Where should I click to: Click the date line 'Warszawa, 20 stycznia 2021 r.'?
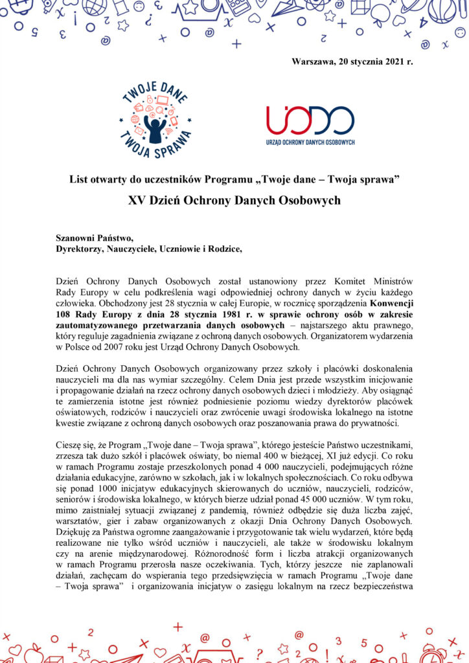[352, 62]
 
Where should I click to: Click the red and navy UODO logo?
[310, 120]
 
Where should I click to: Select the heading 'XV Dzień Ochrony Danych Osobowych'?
[234, 200]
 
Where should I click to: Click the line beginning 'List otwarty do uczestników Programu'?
[234, 178]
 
